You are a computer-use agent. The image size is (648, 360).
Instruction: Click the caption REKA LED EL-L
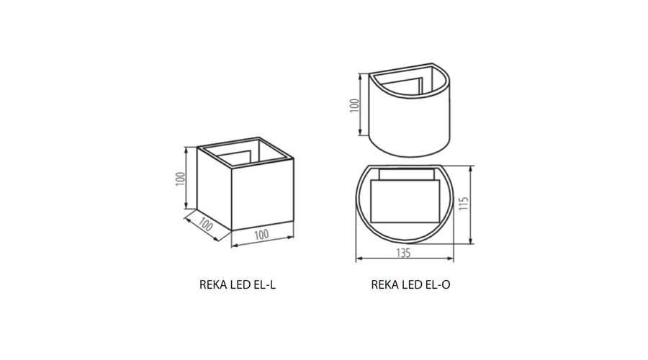coord(237,285)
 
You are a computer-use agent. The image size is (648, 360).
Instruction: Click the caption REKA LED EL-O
coord(410,285)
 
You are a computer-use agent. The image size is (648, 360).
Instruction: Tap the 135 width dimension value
coord(403,253)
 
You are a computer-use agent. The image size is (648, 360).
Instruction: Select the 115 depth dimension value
coord(464,203)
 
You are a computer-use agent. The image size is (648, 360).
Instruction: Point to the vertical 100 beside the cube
coord(180,179)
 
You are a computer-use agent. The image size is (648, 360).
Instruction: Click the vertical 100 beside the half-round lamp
coord(355,105)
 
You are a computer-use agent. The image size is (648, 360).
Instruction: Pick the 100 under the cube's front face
coord(261,234)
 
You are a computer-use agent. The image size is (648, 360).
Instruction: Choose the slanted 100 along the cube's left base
coord(205,224)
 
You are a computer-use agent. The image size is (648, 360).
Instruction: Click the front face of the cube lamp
coord(262,194)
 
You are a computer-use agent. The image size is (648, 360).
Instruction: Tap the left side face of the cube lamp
coord(214,188)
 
